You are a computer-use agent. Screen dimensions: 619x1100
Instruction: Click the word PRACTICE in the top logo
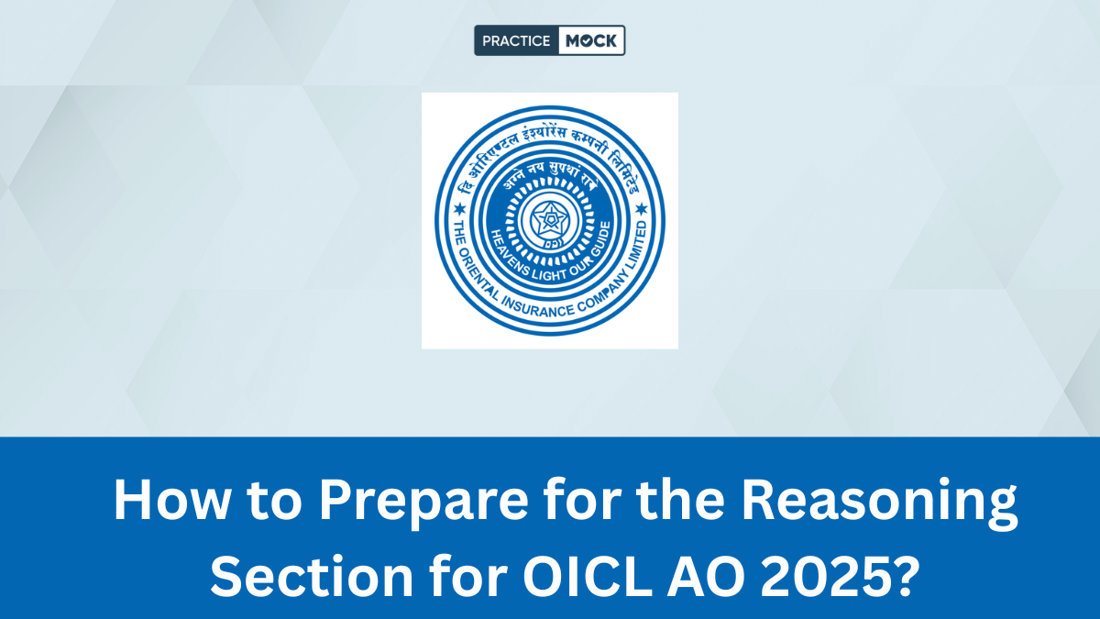coord(515,41)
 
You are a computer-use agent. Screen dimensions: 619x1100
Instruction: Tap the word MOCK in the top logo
coord(590,41)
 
